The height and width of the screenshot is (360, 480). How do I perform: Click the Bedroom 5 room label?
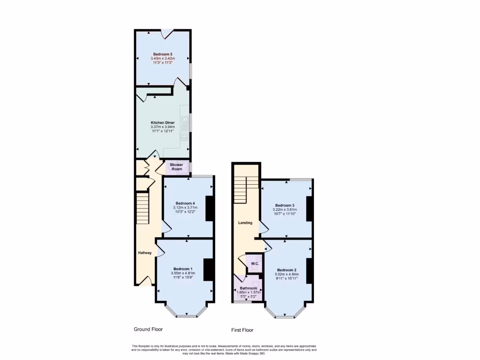tap(162, 54)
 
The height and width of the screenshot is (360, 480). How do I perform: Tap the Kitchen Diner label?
tap(162, 122)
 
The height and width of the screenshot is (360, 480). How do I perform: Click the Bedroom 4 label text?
tap(185, 203)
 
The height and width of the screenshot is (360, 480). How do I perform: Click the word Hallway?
tap(144, 253)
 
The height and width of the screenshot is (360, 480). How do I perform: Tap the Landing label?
tap(245, 223)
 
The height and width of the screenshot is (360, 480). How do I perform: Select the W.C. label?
tap(255, 264)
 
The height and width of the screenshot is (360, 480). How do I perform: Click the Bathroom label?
tap(248, 288)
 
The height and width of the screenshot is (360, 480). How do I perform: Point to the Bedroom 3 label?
tap(285, 205)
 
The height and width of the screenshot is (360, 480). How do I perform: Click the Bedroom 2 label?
tap(286, 270)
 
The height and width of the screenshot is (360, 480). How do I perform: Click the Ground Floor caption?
tap(148, 329)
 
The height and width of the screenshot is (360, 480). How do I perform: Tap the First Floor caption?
tap(243, 330)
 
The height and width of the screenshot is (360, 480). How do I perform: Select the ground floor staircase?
tap(142, 208)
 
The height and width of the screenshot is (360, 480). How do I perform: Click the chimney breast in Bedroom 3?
tap(309, 209)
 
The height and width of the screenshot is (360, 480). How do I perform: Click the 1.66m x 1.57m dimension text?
tap(248, 292)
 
